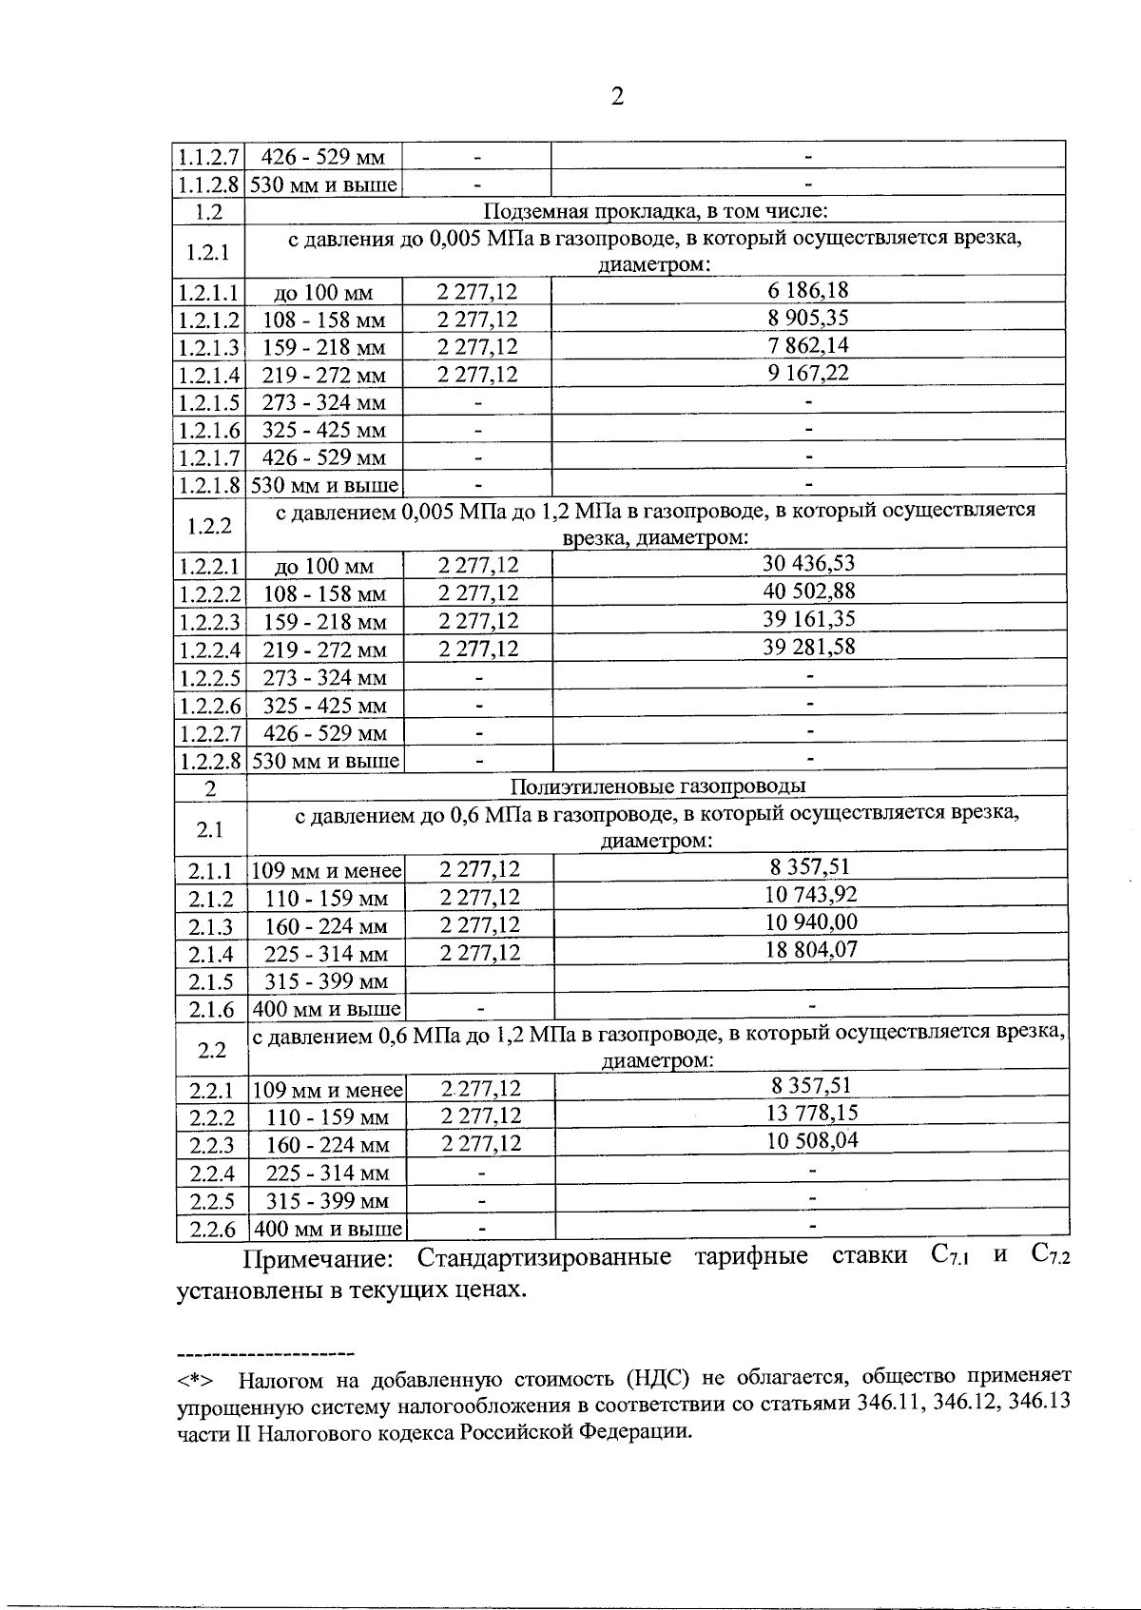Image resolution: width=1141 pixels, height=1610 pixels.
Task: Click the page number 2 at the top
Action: (x=617, y=97)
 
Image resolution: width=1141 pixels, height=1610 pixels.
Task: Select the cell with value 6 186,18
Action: (x=808, y=291)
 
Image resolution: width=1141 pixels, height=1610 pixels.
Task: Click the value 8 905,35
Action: (x=808, y=319)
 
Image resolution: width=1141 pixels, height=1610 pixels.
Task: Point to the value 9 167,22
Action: (x=808, y=373)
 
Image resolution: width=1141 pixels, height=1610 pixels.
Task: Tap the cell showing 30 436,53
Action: (x=808, y=563)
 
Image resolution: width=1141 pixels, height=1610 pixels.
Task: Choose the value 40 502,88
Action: (x=808, y=592)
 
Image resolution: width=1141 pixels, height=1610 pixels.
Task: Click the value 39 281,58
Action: (x=808, y=648)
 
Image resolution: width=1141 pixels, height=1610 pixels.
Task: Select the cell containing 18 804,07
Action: (x=810, y=949)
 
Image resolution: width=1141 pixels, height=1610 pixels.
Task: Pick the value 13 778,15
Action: (x=812, y=1113)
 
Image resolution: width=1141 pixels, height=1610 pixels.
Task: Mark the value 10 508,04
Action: (x=812, y=1140)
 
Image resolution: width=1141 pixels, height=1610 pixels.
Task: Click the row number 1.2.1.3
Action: (x=209, y=347)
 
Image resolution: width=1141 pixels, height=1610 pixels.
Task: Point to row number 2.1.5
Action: (x=210, y=982)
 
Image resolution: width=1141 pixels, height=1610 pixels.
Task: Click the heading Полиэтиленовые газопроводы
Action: (x=657, y=787)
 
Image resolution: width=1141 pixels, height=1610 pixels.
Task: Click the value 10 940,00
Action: (x=810, y=921)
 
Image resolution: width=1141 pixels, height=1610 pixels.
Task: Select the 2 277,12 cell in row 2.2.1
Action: (x=481, y=1088)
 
